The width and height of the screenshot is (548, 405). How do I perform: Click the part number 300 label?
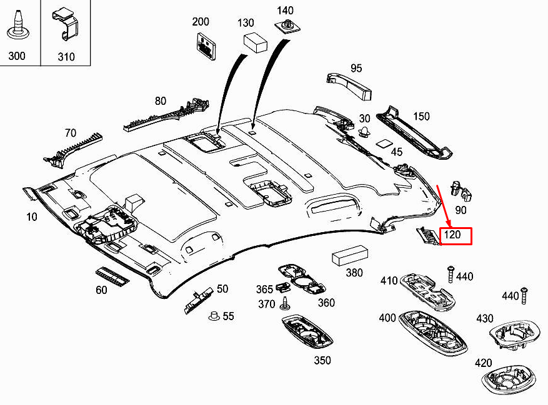pos(17,56)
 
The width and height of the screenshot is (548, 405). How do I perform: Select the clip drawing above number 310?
pos(65,24)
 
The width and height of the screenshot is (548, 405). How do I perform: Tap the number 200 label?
pos(201,22)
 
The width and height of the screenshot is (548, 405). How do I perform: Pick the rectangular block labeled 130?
pos(254,42)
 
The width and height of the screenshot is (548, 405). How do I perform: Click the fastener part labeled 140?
pos(287,28)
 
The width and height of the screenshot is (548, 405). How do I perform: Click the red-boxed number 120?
pos(456,236)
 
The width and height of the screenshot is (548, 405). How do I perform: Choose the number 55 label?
pos(228,316)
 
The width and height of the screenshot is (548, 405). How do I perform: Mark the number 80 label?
pos(161,101)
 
